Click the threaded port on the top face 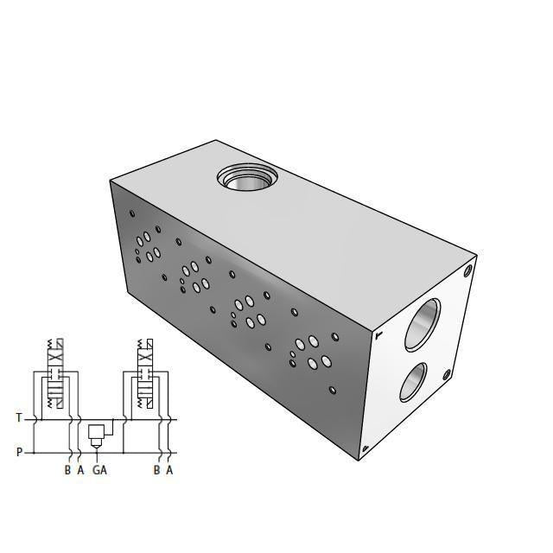coord(246,179)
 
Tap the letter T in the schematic coord(19,418)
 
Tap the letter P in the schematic coord(19,451)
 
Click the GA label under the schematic coord(100,470)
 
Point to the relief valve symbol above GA coord(97,432)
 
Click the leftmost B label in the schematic coord(67,470)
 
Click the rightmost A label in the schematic coord(169,470)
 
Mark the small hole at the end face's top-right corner coord(467,270)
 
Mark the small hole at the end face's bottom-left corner coord(365,448)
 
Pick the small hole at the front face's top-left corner coord(132,213)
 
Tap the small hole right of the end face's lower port coord(447,375)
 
